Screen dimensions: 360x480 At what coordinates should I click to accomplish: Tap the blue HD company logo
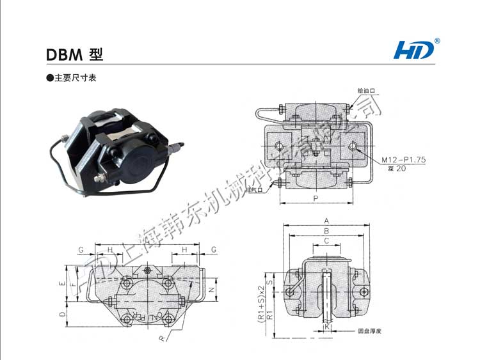416,49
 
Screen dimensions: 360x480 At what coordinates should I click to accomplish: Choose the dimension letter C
326,240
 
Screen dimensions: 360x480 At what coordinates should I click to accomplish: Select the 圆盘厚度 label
370,331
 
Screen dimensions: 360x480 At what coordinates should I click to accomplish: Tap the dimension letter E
61,283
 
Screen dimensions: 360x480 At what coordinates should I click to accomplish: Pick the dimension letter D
61,314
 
